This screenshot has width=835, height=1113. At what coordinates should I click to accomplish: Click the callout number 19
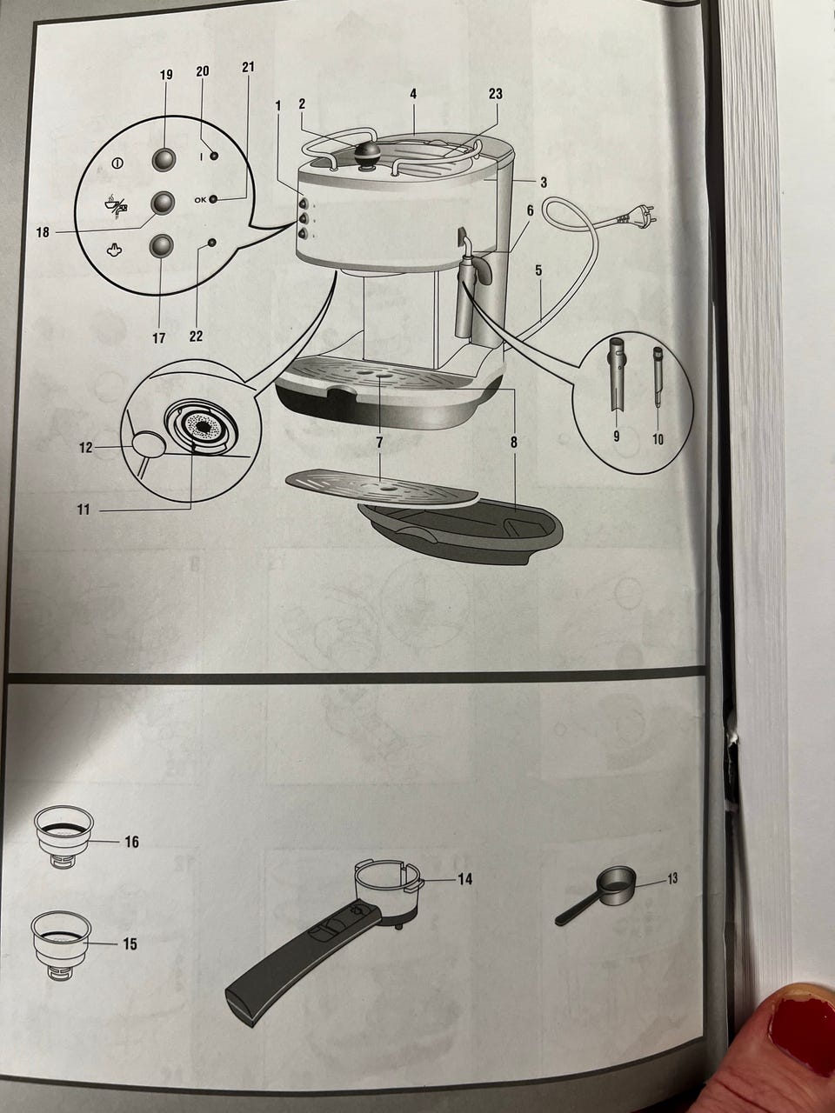click(x=166, y=75)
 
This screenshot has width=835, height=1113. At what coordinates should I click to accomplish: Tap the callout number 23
click(x=495, y=94)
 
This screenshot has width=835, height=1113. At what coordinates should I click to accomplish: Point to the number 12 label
click(x=85, y=448)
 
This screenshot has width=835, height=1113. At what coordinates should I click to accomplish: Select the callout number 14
click(x=464, y=879)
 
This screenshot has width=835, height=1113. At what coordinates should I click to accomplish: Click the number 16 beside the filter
click(x=132, y=842)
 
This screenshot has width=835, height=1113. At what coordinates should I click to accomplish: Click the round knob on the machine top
click(x=368, y=152)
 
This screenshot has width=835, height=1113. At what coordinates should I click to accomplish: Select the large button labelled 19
click(x=164, y=159)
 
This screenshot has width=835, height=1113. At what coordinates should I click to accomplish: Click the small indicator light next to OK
click(x=213, y=199)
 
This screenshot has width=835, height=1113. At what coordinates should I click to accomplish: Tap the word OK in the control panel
click(x=200, y=199)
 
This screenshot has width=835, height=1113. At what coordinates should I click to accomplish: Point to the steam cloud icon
click(x=115, y=250)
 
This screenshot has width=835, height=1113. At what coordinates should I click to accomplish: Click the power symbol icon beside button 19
click(x=117, y=163)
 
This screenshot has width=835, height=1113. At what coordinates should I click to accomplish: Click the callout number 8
click(x=514, y=443)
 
